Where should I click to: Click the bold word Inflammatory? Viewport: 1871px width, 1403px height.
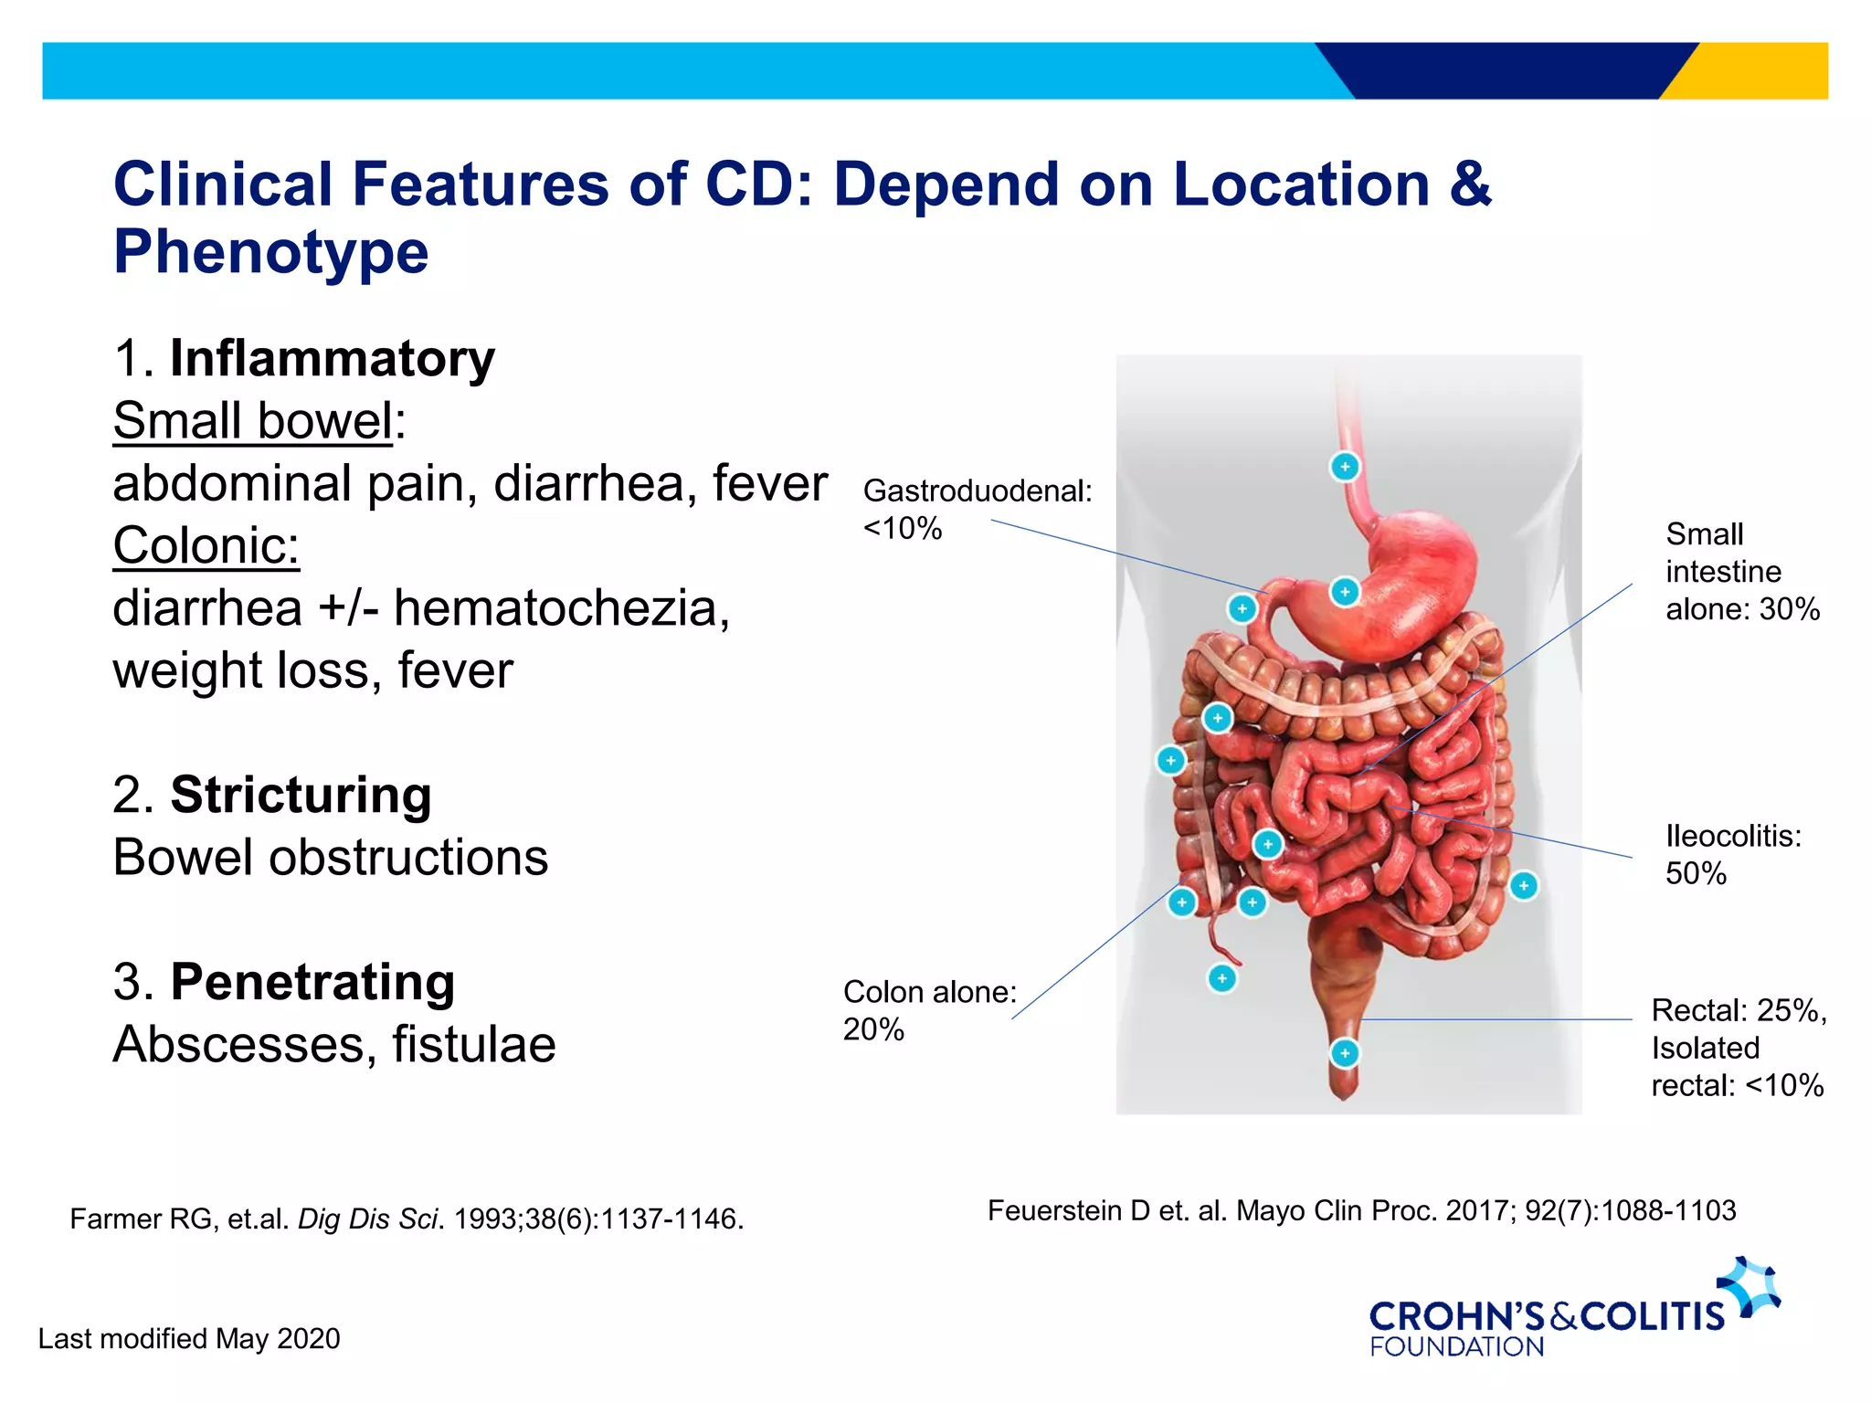click(332, 358)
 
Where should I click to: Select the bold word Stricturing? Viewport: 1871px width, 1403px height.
click(301, 795)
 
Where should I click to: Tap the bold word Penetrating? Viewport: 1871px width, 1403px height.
click(312, 982)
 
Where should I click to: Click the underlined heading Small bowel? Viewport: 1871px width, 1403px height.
click(253, 421)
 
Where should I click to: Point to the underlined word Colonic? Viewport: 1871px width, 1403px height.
click(206, 546)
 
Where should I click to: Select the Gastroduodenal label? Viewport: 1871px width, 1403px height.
click(977, 491)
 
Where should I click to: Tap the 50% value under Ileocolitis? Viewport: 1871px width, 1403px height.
click(1696, 874)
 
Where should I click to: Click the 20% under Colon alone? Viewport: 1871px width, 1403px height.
click(873, 1029)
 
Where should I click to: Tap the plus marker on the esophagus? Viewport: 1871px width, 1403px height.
click(1344, 467)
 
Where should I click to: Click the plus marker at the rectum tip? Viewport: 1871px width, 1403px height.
click(1344, 1053)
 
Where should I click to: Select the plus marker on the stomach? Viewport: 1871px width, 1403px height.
click(1344, 592)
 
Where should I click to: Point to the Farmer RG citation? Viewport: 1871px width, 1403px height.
click(407, 1219)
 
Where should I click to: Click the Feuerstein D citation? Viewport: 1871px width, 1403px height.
click(1361, 1211)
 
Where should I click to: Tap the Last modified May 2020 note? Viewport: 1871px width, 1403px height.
click(189, 1339)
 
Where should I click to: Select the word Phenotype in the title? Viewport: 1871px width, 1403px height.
click(270, 252)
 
